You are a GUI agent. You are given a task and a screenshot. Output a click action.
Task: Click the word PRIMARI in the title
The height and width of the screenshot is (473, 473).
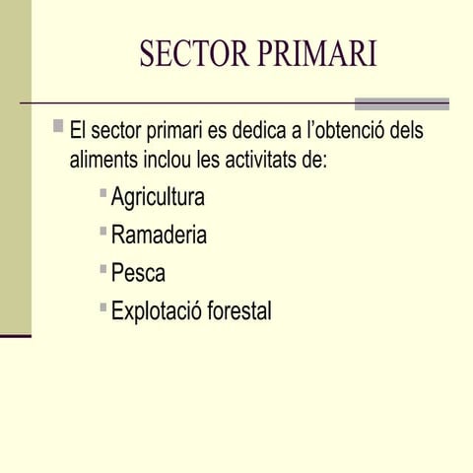[x=317, y=54]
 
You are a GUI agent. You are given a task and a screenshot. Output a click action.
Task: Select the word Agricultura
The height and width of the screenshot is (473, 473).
[x=158, y=197]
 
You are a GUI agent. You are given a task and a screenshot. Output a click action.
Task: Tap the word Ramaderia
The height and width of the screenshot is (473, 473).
[x=159, y=236]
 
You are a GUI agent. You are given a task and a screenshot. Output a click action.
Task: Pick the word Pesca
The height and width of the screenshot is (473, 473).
[x=138, y=273]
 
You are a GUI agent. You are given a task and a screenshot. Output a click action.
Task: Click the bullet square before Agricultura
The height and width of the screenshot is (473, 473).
[x=103, y=192]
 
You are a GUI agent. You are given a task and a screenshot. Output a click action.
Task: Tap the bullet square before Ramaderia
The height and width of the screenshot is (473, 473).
[x=103, y=231]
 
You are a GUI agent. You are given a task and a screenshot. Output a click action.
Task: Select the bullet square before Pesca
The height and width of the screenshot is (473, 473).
[x=103, y=268]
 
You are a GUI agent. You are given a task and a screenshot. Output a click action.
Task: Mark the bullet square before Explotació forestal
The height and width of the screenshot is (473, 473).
[x=103, y=306]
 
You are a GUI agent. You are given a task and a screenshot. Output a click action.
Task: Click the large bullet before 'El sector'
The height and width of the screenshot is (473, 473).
[x=59, y=126]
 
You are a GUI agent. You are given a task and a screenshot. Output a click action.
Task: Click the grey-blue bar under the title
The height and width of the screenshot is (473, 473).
[x=401, y=103]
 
